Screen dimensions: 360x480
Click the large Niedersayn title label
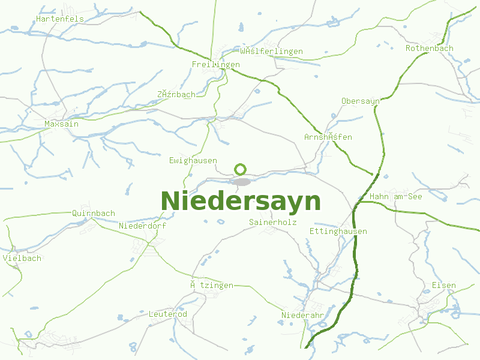coord(241,202)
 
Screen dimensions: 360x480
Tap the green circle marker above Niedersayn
coord(240,169)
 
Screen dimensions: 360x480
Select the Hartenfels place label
coord(60,19)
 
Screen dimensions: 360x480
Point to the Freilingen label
coord(216,65)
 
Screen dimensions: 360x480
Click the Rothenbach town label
coord(430,49)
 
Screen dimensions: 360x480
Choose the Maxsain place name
coord(62,124)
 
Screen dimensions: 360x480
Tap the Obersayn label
coord(360,101)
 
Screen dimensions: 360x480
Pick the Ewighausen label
coord(193,161)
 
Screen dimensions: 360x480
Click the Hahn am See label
coord(396,197)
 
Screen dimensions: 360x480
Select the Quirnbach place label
coord(94,214)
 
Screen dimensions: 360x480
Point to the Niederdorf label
coord(143,226)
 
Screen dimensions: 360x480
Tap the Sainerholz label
coord(273,223)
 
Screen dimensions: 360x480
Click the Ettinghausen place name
coord(338,232)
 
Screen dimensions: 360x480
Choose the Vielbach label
coord(22,259)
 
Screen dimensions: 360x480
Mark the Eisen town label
coord(444,286)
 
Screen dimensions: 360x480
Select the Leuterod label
coord(168,314)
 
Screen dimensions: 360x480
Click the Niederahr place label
coord(303,316)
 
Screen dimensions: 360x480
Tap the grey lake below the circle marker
coord(241,181)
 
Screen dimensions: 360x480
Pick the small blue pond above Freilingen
coord(241,28)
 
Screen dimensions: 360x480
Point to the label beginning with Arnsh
coord(328,137)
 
